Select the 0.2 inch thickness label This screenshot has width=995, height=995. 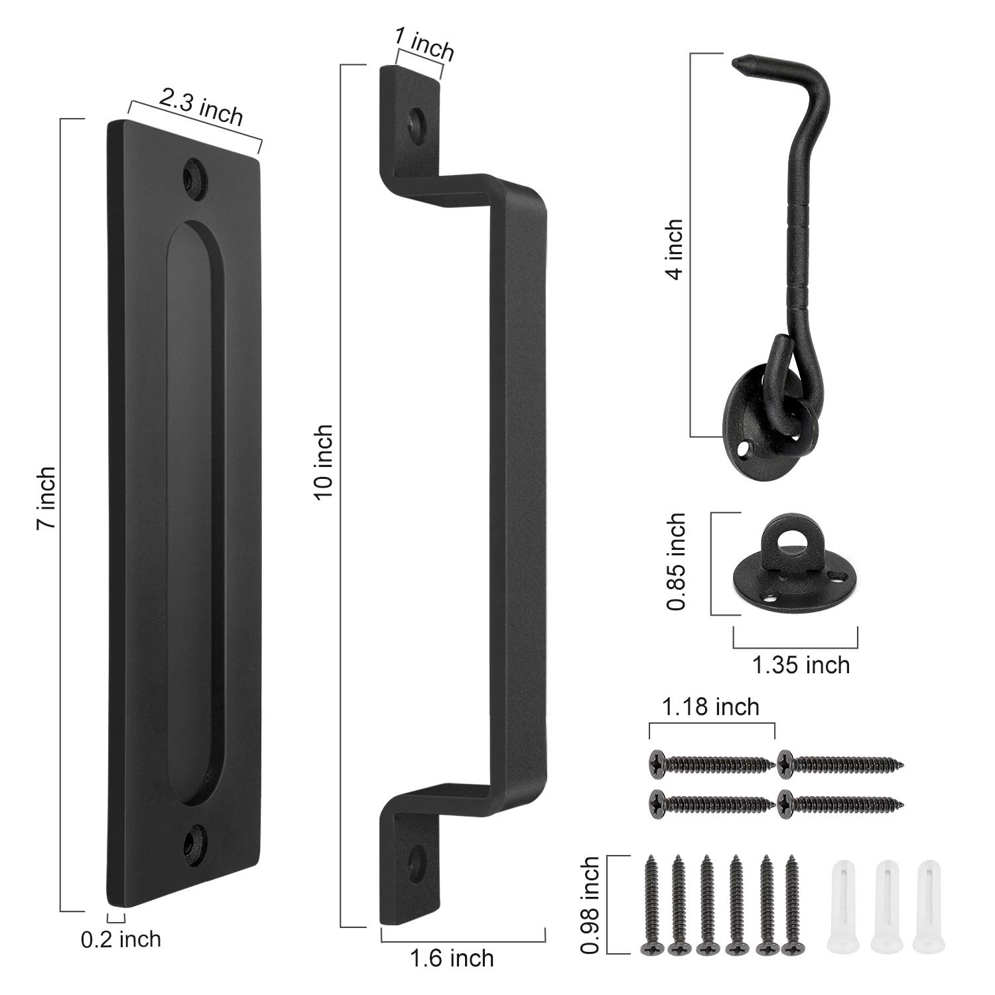121,939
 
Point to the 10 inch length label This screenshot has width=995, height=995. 324,462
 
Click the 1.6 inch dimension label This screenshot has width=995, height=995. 452,958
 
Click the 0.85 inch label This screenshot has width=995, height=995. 676,562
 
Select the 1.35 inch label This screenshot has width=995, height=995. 801,665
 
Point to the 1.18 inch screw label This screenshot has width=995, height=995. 710,707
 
